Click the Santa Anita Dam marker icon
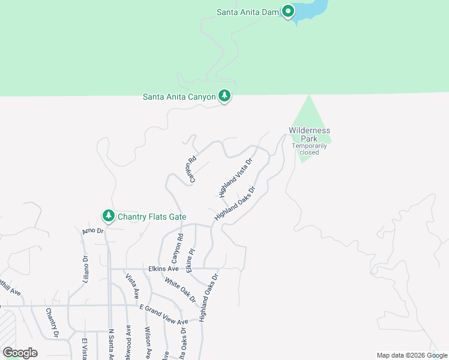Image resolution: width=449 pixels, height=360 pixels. coord(289,11)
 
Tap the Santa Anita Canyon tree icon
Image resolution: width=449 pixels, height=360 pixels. coord(224,95)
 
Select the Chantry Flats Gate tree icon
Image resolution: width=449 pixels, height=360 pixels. coord(108,215)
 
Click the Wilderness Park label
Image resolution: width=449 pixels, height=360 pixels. coord(309,134)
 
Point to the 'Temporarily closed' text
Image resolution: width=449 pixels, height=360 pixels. coord(309,149)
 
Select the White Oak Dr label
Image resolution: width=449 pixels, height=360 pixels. coord(181,290)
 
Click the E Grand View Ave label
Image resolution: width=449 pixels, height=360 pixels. coord(163,315)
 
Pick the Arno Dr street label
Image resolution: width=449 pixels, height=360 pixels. coord(93,230)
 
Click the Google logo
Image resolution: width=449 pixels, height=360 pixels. coord(20,353)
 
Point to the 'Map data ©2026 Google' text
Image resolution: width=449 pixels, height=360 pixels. coord(412,355)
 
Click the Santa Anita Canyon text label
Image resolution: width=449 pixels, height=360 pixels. coord(179,96)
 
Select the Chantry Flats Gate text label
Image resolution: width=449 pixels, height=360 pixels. coord(152,217)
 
